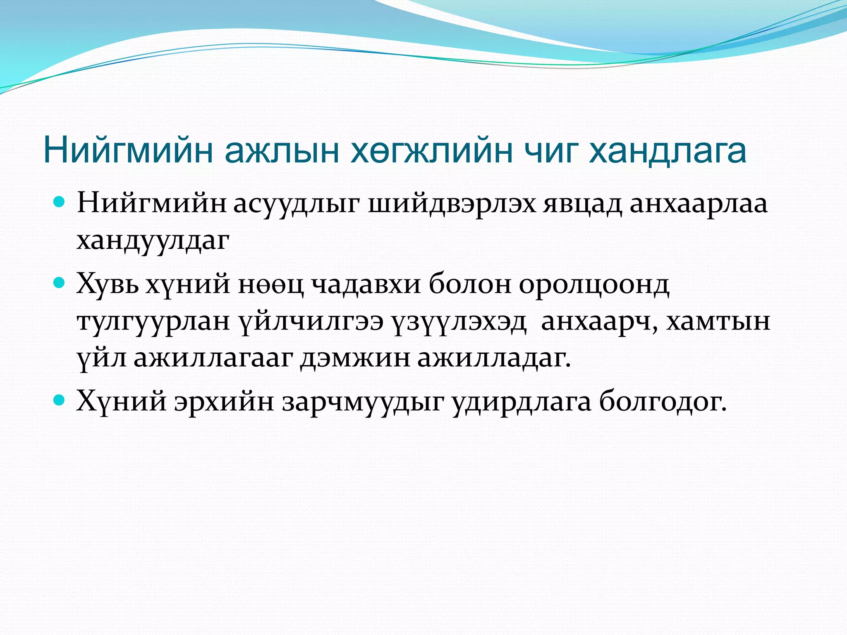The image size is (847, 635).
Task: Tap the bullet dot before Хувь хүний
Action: tap(60, 283)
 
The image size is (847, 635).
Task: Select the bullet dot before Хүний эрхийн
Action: tap(60, 400)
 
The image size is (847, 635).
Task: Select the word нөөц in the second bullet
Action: tap(270, 285)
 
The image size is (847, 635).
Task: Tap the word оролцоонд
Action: tap(594, 285)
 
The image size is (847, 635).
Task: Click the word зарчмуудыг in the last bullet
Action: tap(363, 401)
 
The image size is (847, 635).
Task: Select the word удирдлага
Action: tap(522, 401)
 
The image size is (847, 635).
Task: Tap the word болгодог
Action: tap(663, 401)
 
